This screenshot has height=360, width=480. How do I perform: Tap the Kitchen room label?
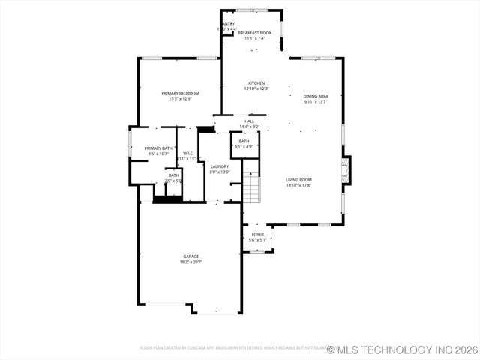[x=256, y=83]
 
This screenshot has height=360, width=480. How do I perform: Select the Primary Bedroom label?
[x=180, y=93]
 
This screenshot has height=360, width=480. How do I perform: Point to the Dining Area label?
[x=316, y=96]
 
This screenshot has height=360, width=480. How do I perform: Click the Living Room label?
[x=298, y=180]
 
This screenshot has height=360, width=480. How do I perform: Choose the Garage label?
[x=191, y=256]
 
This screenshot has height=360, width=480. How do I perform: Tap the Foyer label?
[x=257, y=235]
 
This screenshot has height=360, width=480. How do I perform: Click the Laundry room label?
[x=220, y=166]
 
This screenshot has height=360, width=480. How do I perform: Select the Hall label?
[x=250, y=121]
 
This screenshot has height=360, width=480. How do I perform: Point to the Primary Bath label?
[x=158, y=148]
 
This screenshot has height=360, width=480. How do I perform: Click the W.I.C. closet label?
[x=189, y=154]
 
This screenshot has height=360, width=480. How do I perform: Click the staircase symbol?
[x=251, y=188]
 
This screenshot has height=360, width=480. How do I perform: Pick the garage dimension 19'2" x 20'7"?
[x=191, y=262]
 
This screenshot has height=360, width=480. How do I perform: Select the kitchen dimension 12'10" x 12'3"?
[x=256, y=88]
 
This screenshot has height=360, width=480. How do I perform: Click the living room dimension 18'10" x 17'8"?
[x=298, y=185]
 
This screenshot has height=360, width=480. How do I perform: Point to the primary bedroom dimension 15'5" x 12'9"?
[x=180, y=98]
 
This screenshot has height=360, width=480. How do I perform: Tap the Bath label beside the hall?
[x=244, y=141]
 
